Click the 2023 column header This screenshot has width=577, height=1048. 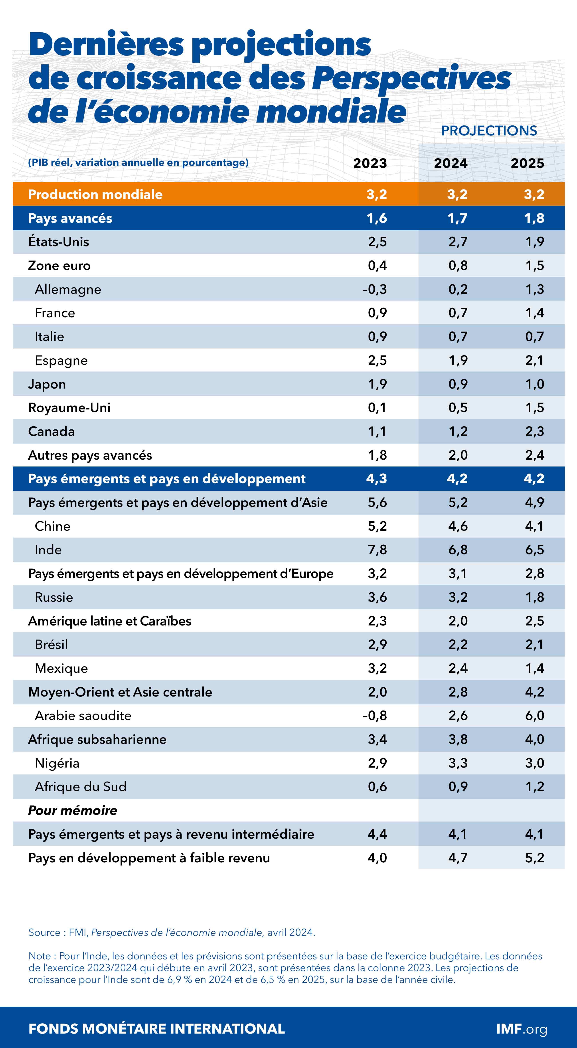coord(370,163)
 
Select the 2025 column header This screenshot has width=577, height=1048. coord(527,163)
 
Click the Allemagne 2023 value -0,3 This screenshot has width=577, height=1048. coord(375,289)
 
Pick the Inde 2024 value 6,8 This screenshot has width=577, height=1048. coord(458,550)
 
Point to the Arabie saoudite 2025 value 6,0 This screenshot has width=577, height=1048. coord(534,716)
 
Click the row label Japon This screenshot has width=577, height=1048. coord(47,384)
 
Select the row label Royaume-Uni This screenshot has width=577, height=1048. coord(69,408)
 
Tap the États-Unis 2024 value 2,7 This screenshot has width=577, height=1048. coord(458,242)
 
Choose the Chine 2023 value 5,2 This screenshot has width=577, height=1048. coord(377,526)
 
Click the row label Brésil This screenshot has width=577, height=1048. coord(51,644)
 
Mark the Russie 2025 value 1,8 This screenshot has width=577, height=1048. coord(534,597)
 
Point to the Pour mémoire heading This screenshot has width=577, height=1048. coord(72,810)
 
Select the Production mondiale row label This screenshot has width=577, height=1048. coord(95,195)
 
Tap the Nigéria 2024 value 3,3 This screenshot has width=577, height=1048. coord(458,763)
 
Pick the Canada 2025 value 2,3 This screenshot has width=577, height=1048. coord(534,431)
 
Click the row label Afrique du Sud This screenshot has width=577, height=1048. coord(81,786)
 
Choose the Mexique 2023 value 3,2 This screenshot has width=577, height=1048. coord(377,668)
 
